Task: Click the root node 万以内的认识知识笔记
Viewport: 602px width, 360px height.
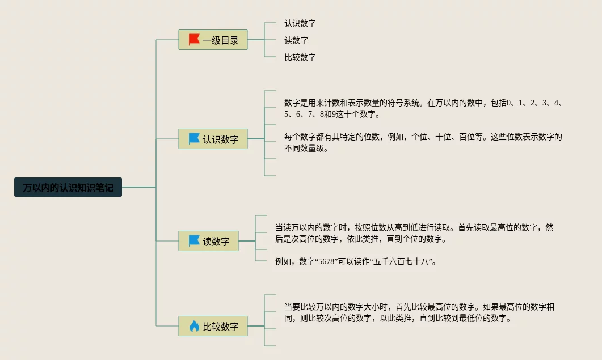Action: click(x=68, y=187)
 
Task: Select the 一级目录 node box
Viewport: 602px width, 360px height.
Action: click(x=213, y=40)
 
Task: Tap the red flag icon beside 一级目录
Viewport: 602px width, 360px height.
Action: click(x=194, y=40)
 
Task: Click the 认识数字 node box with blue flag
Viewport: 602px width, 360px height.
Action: click(x=213, y=139)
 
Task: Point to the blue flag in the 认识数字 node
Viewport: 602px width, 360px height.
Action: click(x=194, y=139)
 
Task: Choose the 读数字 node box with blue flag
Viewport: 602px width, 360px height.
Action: click(x=208, y=241)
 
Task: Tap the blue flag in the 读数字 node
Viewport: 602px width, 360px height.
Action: click(x=194, y=241)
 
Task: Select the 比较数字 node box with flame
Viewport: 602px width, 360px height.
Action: click(x=213, y=326)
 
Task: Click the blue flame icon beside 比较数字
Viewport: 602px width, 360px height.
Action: click(x=194, y=326)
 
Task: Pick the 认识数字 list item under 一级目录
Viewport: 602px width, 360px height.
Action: click(x=300, y=24)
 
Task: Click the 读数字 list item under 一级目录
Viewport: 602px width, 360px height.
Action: click(x=296, y=40)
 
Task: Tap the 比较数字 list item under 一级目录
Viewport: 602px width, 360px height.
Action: click(x=300, y=57)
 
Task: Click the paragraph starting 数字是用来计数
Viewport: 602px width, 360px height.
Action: click(x=423, y=108)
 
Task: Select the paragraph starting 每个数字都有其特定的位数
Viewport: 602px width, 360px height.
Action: click(x=423, y=142)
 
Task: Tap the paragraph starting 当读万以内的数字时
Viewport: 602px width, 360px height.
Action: click(x=414, y=233)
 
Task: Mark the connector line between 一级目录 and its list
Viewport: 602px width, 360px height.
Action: click(x=256, y=40)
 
